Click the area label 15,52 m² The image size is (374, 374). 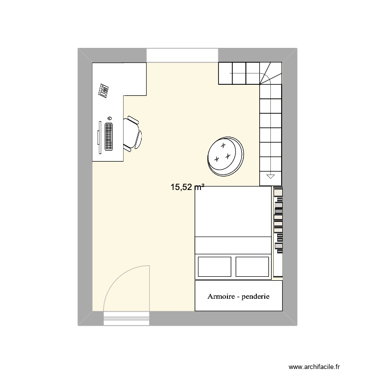187,187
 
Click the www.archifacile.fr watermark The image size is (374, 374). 327,367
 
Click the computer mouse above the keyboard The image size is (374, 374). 109,117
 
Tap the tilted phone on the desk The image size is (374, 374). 104,90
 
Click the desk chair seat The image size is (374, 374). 132,133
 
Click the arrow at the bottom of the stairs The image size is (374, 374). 271,176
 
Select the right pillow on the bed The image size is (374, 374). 252,266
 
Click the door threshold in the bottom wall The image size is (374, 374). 126,318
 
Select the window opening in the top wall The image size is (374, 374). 182,55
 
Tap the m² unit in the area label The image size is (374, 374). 199,187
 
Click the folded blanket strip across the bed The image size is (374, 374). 233,245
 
